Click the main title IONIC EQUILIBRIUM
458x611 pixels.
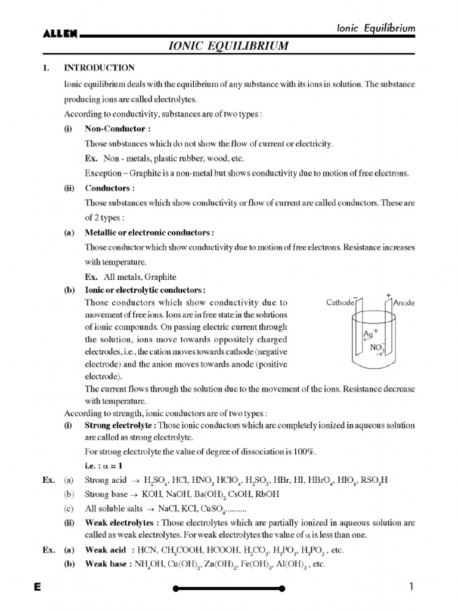tap(228, 46)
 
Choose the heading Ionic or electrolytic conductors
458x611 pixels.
tap(146, 291)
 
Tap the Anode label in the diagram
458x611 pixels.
tap(404, 303)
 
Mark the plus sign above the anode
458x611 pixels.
tap(388, 295)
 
